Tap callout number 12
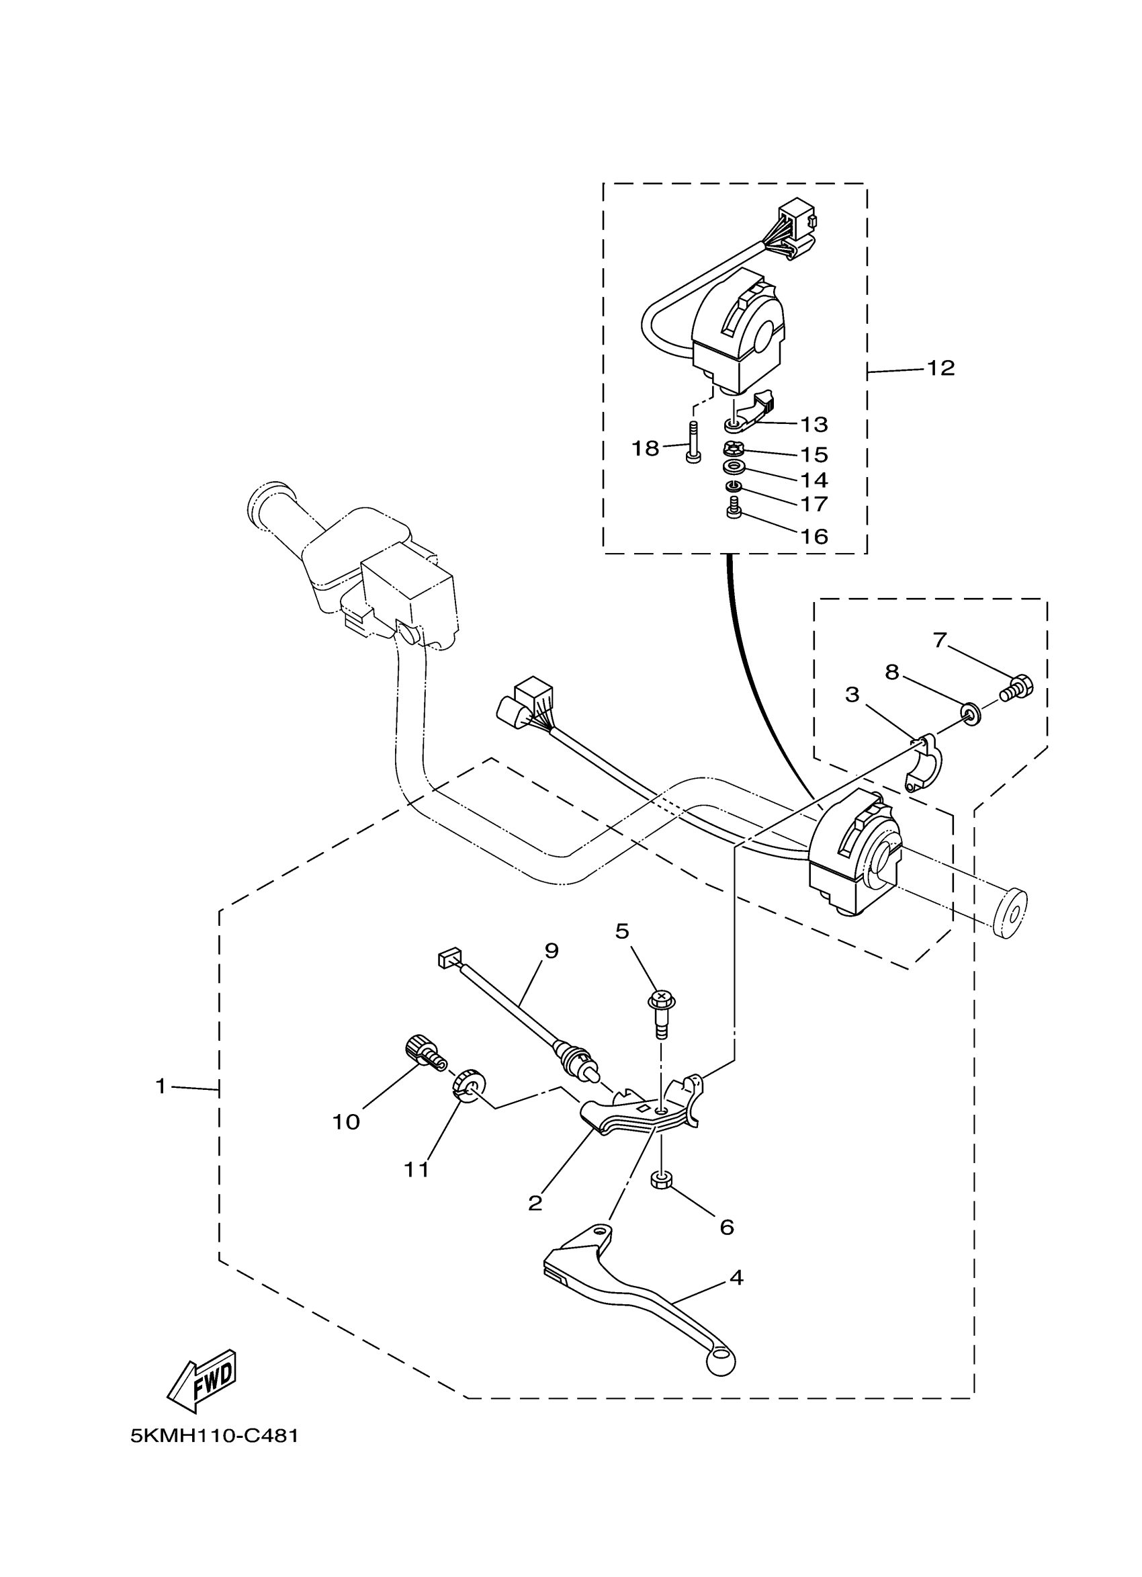(x=941, y=368)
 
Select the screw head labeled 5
(x=661, y=999)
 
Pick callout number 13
(x=814, y=423)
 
